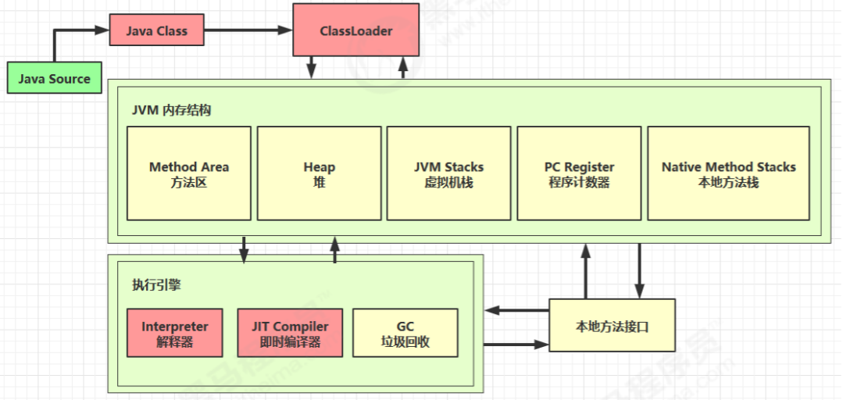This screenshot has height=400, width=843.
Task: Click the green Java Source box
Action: coord(55,79)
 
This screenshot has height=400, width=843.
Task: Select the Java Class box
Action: coord(156,31)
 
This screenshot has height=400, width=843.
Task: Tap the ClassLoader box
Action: coord(355,31)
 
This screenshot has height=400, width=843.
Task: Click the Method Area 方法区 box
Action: coord(189,173)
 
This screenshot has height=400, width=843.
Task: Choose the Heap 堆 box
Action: coord(319,173)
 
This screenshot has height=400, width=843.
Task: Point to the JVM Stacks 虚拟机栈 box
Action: coord(448,173)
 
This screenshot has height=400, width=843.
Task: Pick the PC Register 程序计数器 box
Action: coord(579,173)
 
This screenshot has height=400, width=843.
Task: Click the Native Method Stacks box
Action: coord(728,173)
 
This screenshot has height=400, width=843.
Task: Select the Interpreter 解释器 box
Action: coord(174,333)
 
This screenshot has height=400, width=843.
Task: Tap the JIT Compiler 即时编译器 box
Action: coord(290,333)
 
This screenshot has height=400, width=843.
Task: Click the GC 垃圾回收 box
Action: coord(405,333)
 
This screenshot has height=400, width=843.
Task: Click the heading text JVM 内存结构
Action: coord(171,110)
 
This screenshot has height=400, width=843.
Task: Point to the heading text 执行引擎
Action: coord(156,285)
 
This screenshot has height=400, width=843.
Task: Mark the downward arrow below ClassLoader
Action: coord(311,67)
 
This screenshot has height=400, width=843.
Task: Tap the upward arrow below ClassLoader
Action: coord(403,67)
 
